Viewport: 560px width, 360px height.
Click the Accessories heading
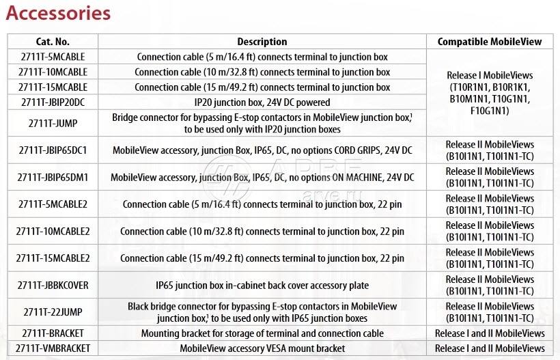click(58, 13)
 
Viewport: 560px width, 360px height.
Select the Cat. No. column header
click(53, 42)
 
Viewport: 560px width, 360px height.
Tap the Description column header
click(262, 42)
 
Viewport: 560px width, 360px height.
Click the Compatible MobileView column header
click(490, 42)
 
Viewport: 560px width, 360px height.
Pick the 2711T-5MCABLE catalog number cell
click(53, 57)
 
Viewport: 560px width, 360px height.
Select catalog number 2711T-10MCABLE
click(53, 72)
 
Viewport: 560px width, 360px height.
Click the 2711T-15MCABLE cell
click(53, 87)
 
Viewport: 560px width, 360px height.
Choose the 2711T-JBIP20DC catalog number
click(53, 102)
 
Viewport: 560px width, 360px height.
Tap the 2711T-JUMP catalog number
click(53, 123)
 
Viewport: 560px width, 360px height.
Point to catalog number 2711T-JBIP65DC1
click(53, 150)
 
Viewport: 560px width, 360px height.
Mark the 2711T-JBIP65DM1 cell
click(53, 177)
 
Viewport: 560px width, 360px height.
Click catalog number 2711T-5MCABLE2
click(53, 204)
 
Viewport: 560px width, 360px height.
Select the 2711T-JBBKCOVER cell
click(53, 285)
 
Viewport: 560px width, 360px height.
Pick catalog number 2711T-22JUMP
click(53, 312)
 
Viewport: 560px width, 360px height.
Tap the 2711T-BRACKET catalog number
click(53, 333)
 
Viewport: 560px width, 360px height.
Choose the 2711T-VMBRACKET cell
click(53, 348)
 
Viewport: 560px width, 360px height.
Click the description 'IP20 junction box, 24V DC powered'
click(262, 102)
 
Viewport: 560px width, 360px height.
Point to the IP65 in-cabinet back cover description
click(262, 285)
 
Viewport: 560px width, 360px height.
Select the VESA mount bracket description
click(262, 348)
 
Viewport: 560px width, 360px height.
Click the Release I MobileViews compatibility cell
click(490, 93)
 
